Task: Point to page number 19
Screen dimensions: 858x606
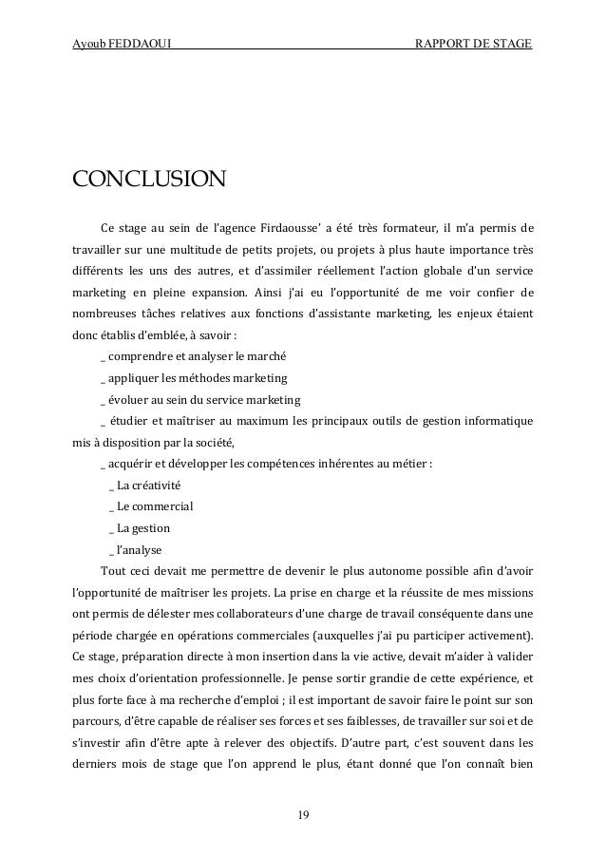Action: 303,814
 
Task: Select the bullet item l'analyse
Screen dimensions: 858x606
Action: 139,548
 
